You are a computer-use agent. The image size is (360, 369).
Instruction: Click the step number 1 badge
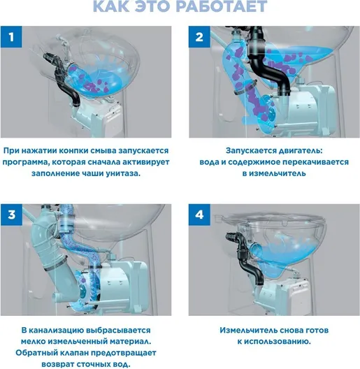11,37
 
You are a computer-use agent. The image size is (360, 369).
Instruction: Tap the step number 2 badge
199,37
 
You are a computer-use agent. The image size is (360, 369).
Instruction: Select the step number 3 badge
11,215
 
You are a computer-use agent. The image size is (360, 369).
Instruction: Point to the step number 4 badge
199,215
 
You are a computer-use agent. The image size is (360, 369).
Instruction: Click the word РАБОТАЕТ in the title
222,6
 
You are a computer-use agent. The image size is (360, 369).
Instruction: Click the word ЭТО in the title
152,6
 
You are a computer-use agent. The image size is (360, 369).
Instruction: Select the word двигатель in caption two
300,151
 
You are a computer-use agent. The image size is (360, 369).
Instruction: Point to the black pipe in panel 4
244,258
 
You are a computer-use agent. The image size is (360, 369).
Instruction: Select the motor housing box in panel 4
292,296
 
